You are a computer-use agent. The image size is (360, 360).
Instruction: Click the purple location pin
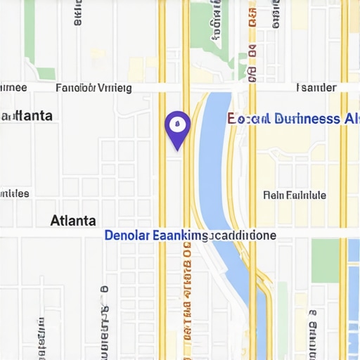click(x=177, y=127)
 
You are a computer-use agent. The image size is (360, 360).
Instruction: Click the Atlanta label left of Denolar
click(x=73, y=220)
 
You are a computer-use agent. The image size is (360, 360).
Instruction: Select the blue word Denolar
click(x=127, y=236)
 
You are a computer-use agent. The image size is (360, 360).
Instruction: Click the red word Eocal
click(x=247, y=119)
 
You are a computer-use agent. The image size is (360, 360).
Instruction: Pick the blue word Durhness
click(x=307, y=119)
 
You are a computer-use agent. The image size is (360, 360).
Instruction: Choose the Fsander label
click(x=316, y=88)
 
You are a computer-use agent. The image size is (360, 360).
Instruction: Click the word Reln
click(x=273, y=195)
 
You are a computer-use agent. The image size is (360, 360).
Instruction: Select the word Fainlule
click(x=306, y=195)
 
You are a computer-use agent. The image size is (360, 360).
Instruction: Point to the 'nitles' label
click(x=14, y=193)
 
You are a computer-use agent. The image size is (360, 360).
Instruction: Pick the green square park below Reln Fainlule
click(x=325, y=260)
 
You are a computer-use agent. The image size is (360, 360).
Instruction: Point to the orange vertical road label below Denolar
click(x=186, y=295)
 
